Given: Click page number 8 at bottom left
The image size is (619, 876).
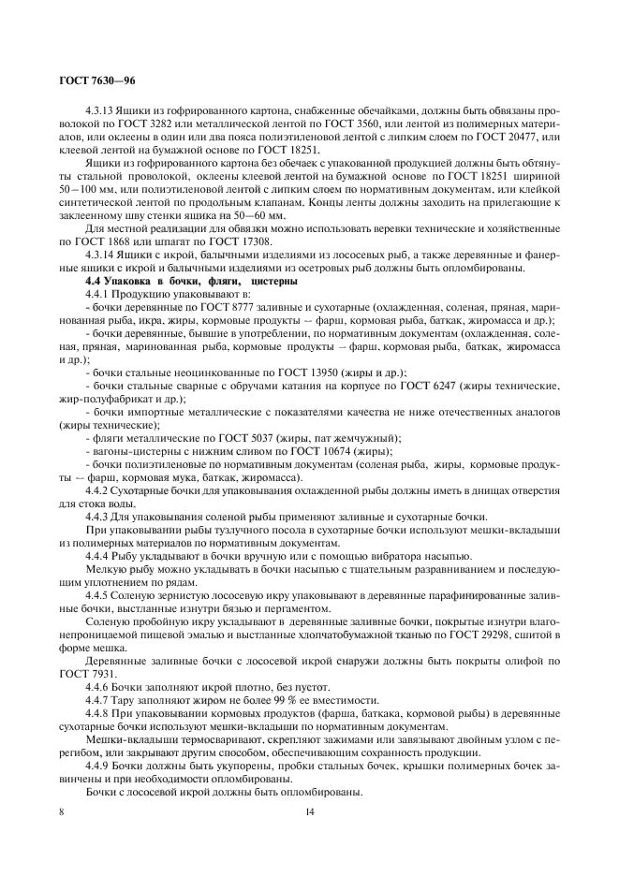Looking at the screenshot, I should click(62, 811).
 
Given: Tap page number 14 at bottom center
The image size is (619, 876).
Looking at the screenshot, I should click(309, 811).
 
